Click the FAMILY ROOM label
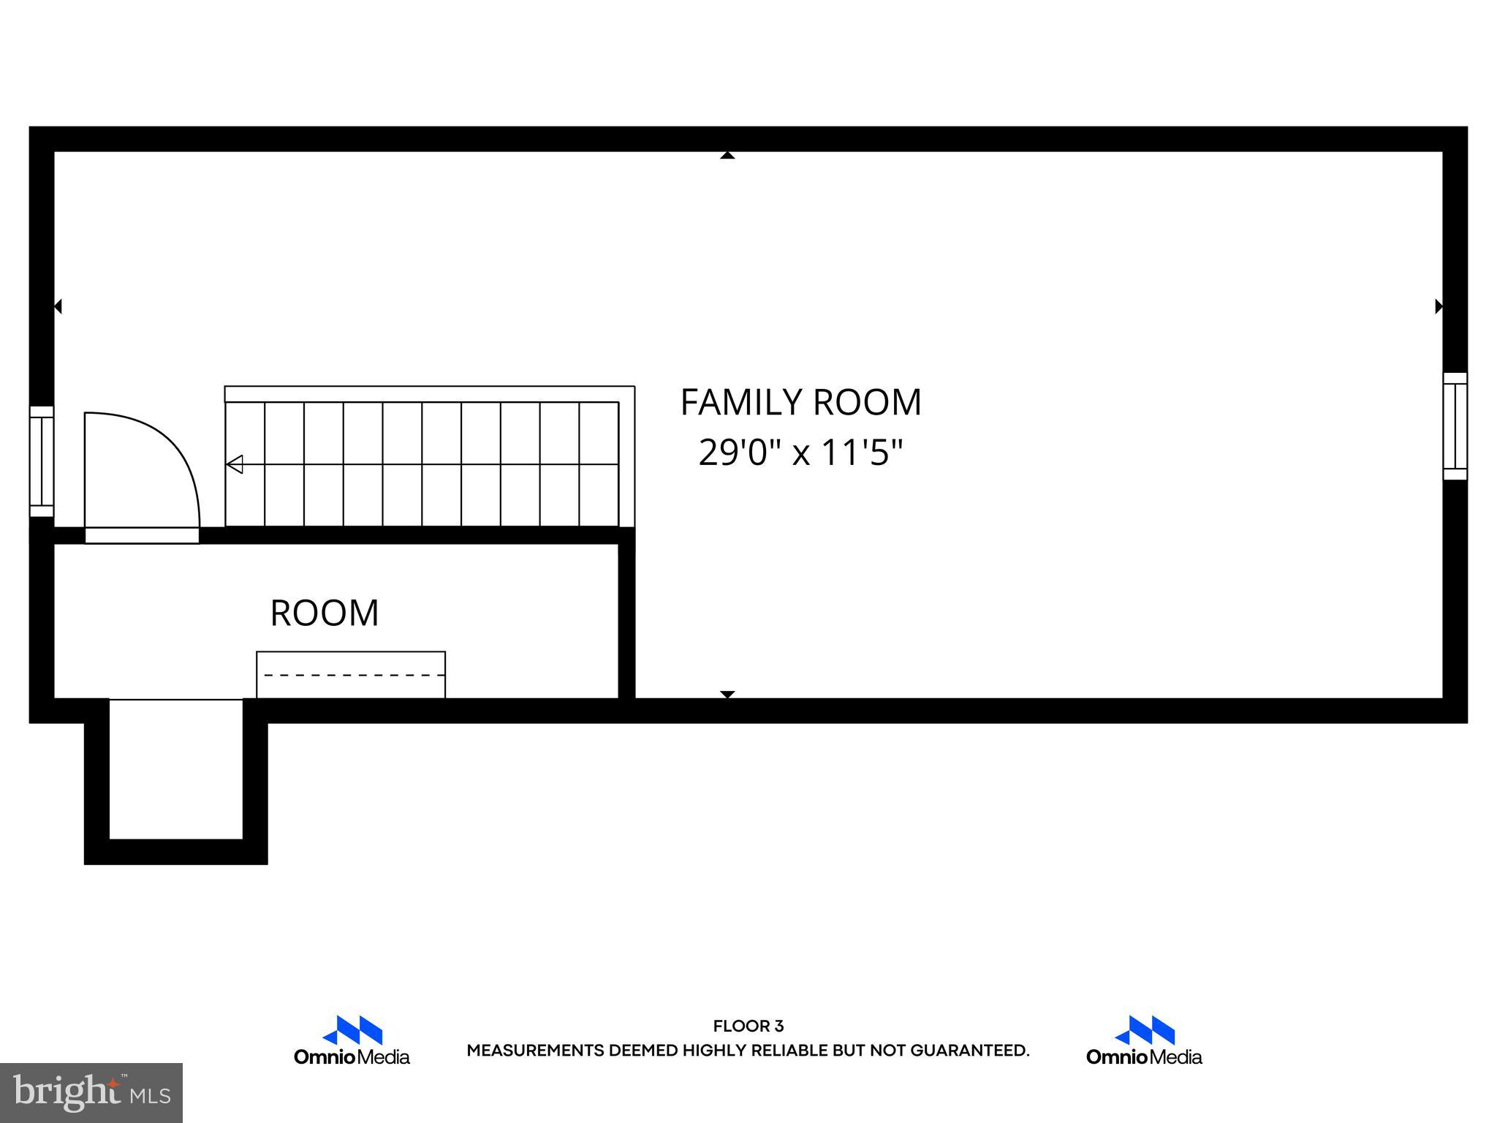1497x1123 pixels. click(x=800, y=402)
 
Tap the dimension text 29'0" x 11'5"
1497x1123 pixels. click(x=800, y=453)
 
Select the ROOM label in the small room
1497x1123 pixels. click(x=325, y=613)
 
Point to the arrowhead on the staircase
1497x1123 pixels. click(x=235, y=464)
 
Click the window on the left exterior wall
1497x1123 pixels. click(x=42, y=461)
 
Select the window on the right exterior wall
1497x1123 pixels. click(x=1455, y=426)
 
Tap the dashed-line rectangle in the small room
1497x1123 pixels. click(x=351, y=674)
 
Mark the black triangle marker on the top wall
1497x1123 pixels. click(x=727, y=155)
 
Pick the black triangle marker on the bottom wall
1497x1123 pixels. click(x=727, y=694)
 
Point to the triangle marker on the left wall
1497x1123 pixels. click(x=58, y=306)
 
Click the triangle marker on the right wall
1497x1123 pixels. click(x=1439, y=306)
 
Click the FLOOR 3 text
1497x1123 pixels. click(x=748, y=1026)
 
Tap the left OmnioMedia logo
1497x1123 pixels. click(x=352, y=1040)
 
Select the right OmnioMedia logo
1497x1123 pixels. click(x=1144, y=1040)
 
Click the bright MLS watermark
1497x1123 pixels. click(x=91, y=1092)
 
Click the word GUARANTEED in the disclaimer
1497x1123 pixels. click(x=969, y=1051)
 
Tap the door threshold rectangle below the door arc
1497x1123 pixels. click(x=142, y=535)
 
